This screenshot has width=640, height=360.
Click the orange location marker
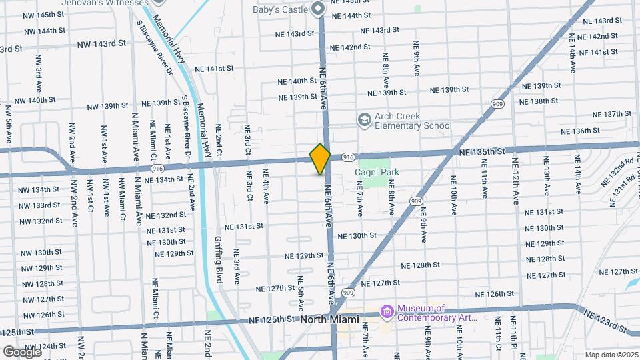click(x=320, y=159)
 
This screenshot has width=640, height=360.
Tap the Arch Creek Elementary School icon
click(x=364, y=120)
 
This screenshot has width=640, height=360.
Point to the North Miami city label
click(x=329, y=319)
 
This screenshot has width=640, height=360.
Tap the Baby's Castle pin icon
click(x=318, y=9)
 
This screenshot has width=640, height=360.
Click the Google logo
click(x=21, y=351)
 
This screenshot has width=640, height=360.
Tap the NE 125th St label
click(x=272, y=319)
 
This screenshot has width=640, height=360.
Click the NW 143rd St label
click(x=101, y=44)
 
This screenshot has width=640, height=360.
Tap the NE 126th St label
click(x=496, y=294)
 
